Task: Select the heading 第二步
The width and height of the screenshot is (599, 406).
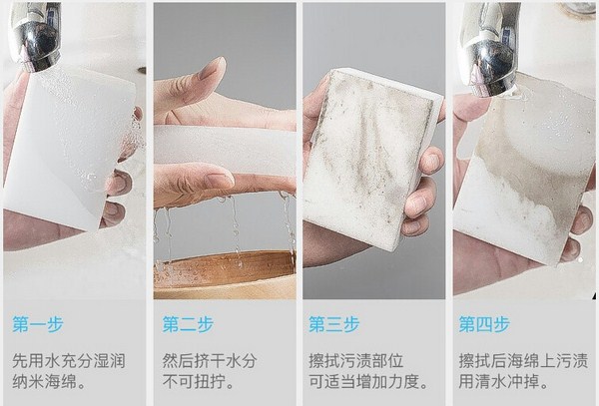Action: tap(185, 324)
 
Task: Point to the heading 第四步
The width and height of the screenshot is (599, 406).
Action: tap(484, 324)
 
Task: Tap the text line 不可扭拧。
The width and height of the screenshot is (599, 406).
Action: tap(195, 380)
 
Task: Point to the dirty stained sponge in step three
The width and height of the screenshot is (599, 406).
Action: tap(369, 155)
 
